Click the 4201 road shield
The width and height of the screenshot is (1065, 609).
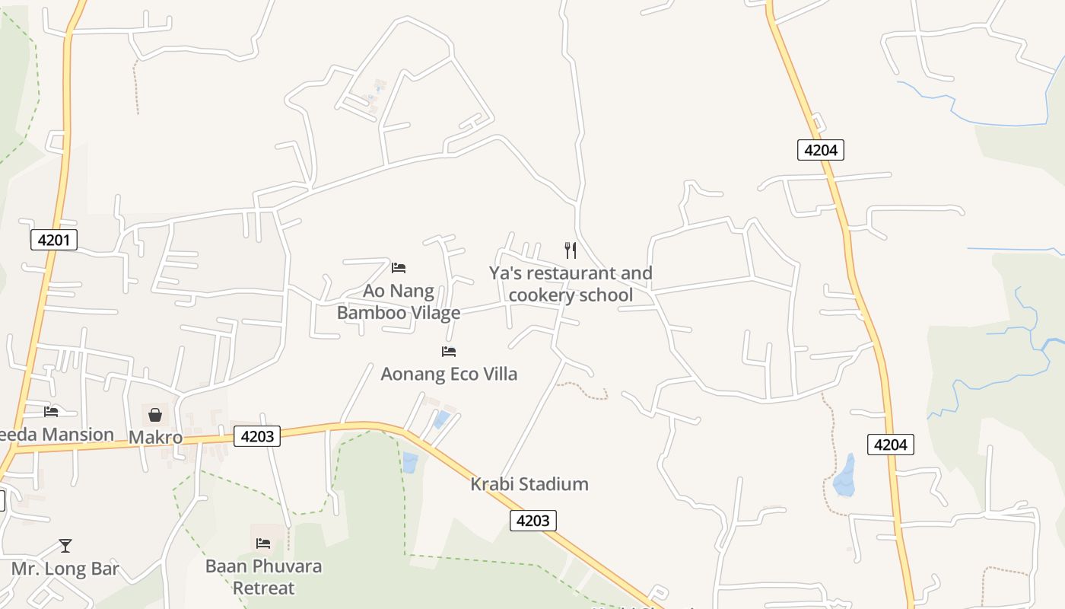tap(54, 241)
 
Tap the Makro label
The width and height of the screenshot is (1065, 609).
tap(155, 438)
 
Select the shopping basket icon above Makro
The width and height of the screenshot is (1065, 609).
tap(155, 415)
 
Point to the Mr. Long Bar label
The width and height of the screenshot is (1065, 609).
tap(65, 569)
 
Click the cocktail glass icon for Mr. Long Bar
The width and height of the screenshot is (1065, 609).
tap(65, 545)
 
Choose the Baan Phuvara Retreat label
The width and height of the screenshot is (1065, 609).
tap(263, 577)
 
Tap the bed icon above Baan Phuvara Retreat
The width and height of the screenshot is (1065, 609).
tap(263, 544)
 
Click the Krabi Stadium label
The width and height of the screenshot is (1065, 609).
tap(529, 484)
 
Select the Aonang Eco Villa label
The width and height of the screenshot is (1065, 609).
tap(449, 374)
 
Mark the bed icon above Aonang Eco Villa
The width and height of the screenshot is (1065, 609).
tap(449, 352)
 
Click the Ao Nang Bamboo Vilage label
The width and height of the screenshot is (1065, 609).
tap(399, 301)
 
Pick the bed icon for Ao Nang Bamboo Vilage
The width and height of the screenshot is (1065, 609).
tap(399, 268)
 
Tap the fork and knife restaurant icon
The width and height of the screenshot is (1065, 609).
tap(571, 250)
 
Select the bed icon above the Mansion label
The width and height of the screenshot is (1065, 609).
tap(51, 412)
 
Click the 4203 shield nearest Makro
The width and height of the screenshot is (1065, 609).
tap(257, 436)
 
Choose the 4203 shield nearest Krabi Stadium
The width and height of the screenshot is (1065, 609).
tap(532, 521)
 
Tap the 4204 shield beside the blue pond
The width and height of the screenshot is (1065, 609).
tap(890, 445)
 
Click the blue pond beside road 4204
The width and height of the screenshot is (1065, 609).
tap(844, 477)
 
